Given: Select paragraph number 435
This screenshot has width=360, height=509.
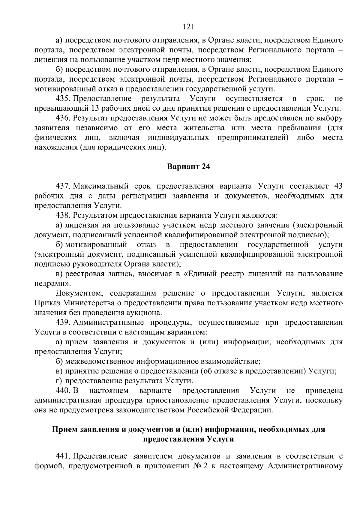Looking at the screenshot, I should (x=63, y=99).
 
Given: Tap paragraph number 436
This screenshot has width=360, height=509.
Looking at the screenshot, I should (x=63, y=118).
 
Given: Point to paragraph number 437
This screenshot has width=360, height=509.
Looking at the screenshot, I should (x=63, y=186).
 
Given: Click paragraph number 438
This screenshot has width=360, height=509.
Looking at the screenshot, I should (x=63, y=215).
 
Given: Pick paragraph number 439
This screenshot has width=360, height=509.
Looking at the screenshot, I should (x=63, y=322).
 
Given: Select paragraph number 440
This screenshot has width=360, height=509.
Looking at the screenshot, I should (x=63, y=391).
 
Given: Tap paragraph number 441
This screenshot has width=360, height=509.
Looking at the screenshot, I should (x=63, y=456).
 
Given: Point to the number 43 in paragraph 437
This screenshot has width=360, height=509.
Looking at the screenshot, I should (x=338, y=186).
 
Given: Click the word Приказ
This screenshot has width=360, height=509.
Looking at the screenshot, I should (x=47, y=303).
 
